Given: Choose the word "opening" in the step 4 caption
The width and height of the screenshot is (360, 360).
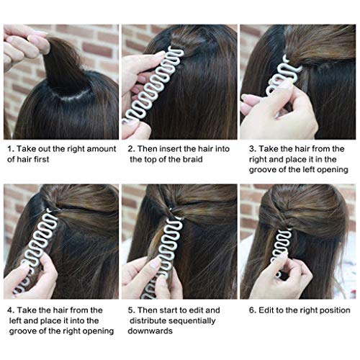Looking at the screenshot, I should (x=95, y=330).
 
